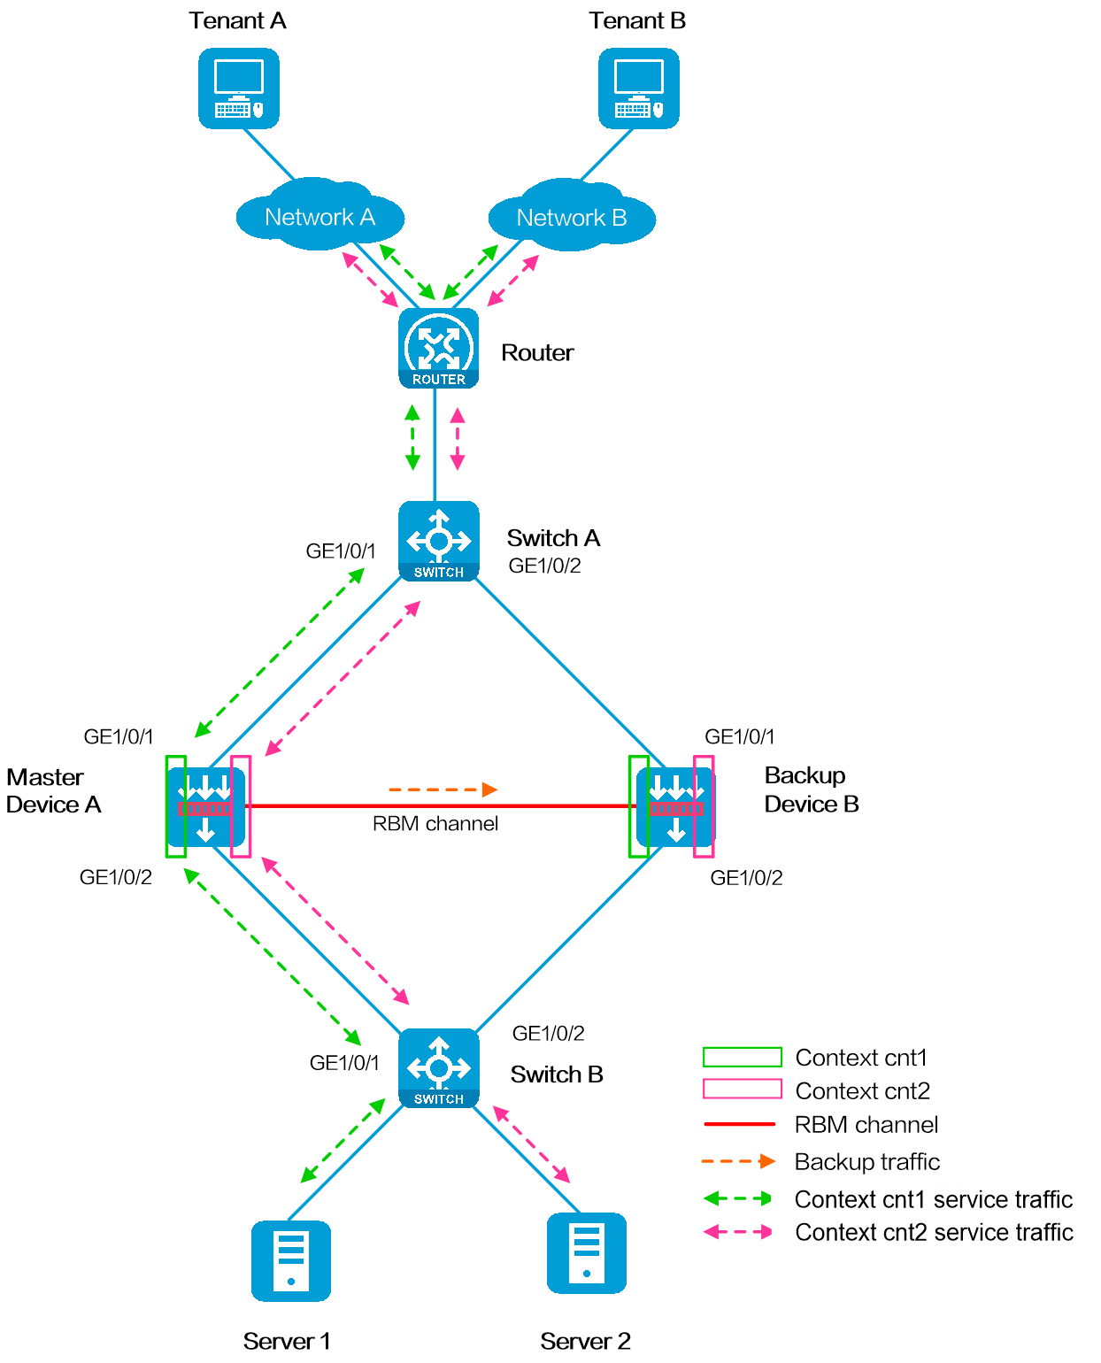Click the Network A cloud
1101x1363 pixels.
(x=320, y=217)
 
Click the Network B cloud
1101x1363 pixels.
(x=572, y=218)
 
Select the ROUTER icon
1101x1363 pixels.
(x=438, y=348)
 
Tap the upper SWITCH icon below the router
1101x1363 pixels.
(x=438, y=541)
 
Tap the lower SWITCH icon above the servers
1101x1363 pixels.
(x=438, y=1067)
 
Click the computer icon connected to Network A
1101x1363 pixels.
(x=239, y=89)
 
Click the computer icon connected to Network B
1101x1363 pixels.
(x=638, y=89)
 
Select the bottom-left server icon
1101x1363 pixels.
(x=291, y=1260)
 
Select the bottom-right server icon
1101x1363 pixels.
(x=586, y=1252)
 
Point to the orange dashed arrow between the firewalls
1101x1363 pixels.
(x=443, y=789)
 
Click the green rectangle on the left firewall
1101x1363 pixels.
(x=176, y=806)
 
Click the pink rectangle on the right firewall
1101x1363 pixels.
(x=704, y=806)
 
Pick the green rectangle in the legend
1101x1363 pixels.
(x=743, y=1057)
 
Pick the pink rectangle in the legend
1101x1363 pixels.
(x=743, y=1089)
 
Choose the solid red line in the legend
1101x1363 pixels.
(x=740, y=1124)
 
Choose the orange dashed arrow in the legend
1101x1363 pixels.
(x=738, y=1161)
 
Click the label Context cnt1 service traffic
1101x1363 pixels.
(x=934, y=1200)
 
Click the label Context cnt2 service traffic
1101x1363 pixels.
(x=934, y=1233)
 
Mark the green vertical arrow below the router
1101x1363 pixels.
(x=412, y=437)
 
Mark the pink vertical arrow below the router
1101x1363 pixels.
(x=458, y=438)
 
